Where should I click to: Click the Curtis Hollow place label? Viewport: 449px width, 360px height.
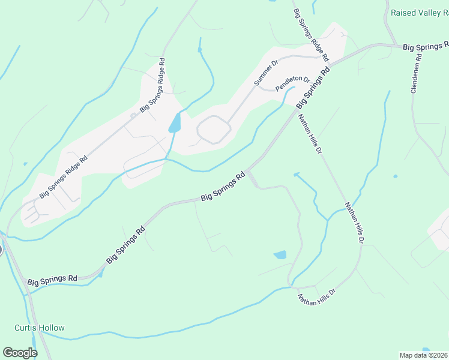(39, 328)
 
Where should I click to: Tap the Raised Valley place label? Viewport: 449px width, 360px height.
(420, 12)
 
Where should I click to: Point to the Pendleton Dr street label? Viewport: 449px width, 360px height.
(292, 83)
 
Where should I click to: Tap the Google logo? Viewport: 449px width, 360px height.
(20, 353)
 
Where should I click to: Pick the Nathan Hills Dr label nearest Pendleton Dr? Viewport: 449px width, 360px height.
(310, 133)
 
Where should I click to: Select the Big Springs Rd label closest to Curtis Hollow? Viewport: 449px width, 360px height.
(52, 280)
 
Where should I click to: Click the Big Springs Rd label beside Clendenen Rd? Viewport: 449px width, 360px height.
(425, 46)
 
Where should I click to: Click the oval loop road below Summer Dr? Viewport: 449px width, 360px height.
(214, 130)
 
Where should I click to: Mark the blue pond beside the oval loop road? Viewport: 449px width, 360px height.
(175, 123)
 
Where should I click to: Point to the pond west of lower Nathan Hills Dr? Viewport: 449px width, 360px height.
(280, 255)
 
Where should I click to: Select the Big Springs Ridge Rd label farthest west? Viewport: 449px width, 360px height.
(64, 177)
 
